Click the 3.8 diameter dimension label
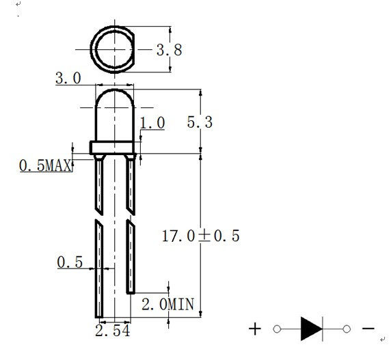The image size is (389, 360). click(x=168, y=50)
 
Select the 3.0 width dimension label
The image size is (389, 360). click(x=68, y=79)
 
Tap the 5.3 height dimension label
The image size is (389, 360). click(x=200, y=122)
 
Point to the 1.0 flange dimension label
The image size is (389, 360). click(x=152, y=123)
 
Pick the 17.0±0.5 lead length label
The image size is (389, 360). click(x=200, y=236)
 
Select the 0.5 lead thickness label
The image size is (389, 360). click(x=69, y=262)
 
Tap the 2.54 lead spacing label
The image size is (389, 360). click(x=113, y=331)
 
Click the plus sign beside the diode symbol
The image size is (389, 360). click(x=255, y=329)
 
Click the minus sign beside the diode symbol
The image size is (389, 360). click(x=368, y=329)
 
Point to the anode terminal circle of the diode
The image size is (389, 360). click(x=276, y=329)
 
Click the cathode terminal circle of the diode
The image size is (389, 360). click(x=347, y=329)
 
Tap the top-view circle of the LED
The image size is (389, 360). click(x=113, y=49)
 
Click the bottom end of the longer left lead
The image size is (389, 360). click(x=98, y=314)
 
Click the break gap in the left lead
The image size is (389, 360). click(x=98, y=215)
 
